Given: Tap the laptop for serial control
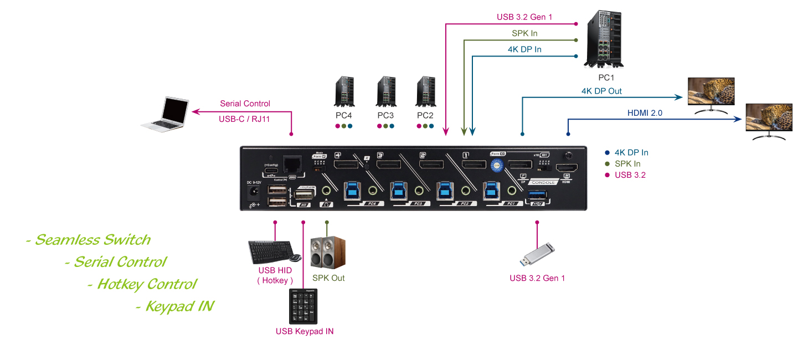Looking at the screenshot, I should (164, 115).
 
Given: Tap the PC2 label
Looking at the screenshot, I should (425, 116).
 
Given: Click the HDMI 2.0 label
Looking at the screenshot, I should (645, 113).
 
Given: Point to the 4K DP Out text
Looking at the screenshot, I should (601, 91).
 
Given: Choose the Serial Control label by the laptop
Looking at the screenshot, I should (245, 104).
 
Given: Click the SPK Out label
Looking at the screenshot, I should (328, 278).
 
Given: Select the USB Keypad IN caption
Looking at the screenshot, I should (305, 331).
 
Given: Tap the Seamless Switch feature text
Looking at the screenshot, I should (88, 240).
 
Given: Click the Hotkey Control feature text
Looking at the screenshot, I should (142, 284).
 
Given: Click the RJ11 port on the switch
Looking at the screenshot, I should (291, 164).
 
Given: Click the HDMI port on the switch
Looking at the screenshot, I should (567, 168).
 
